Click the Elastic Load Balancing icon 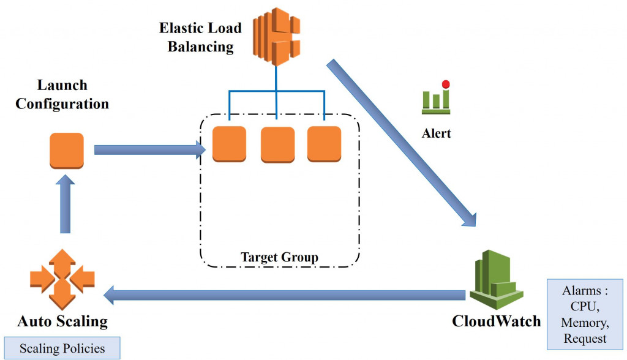(276, 36)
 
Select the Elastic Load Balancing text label (200, 37)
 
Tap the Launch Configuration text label (62, 94)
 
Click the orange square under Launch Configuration (66, 150)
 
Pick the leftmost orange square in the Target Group (229, 144)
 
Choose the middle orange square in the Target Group (277, 144)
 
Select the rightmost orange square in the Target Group (324, 144)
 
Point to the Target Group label (279, 257)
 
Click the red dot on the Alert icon (446, 84)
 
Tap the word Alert (436, 133)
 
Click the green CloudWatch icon (497, 279)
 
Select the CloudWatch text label (496, 321)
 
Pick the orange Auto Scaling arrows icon (62, 279)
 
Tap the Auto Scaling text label (62, 321)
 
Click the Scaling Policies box (62, 349)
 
